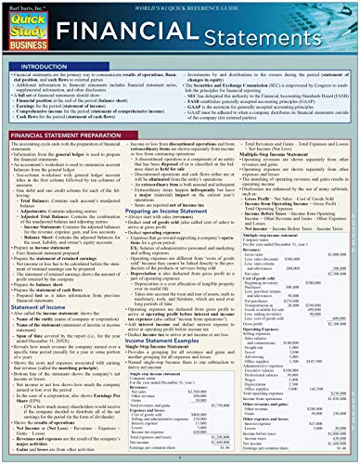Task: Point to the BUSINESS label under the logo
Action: (32, 47)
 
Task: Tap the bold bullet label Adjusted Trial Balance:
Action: (55, 216)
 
